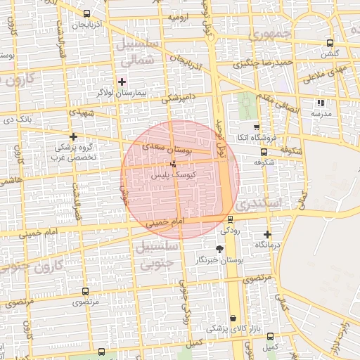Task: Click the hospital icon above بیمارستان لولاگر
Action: coord(122,82)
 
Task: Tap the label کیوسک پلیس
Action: coord(173,174)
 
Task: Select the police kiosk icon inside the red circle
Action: coord(174,164)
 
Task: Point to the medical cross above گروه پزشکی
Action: coord(73,136)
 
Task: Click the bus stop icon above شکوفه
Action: coord(264,151)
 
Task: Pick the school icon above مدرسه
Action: coord(321,103)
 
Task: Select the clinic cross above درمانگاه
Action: coord(267,234)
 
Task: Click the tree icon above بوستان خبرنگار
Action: coord(219,248)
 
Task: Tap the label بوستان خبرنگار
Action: coord(219,259)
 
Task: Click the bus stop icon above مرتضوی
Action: coord(85,291)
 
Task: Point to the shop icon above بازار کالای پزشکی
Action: coord(233,319)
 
